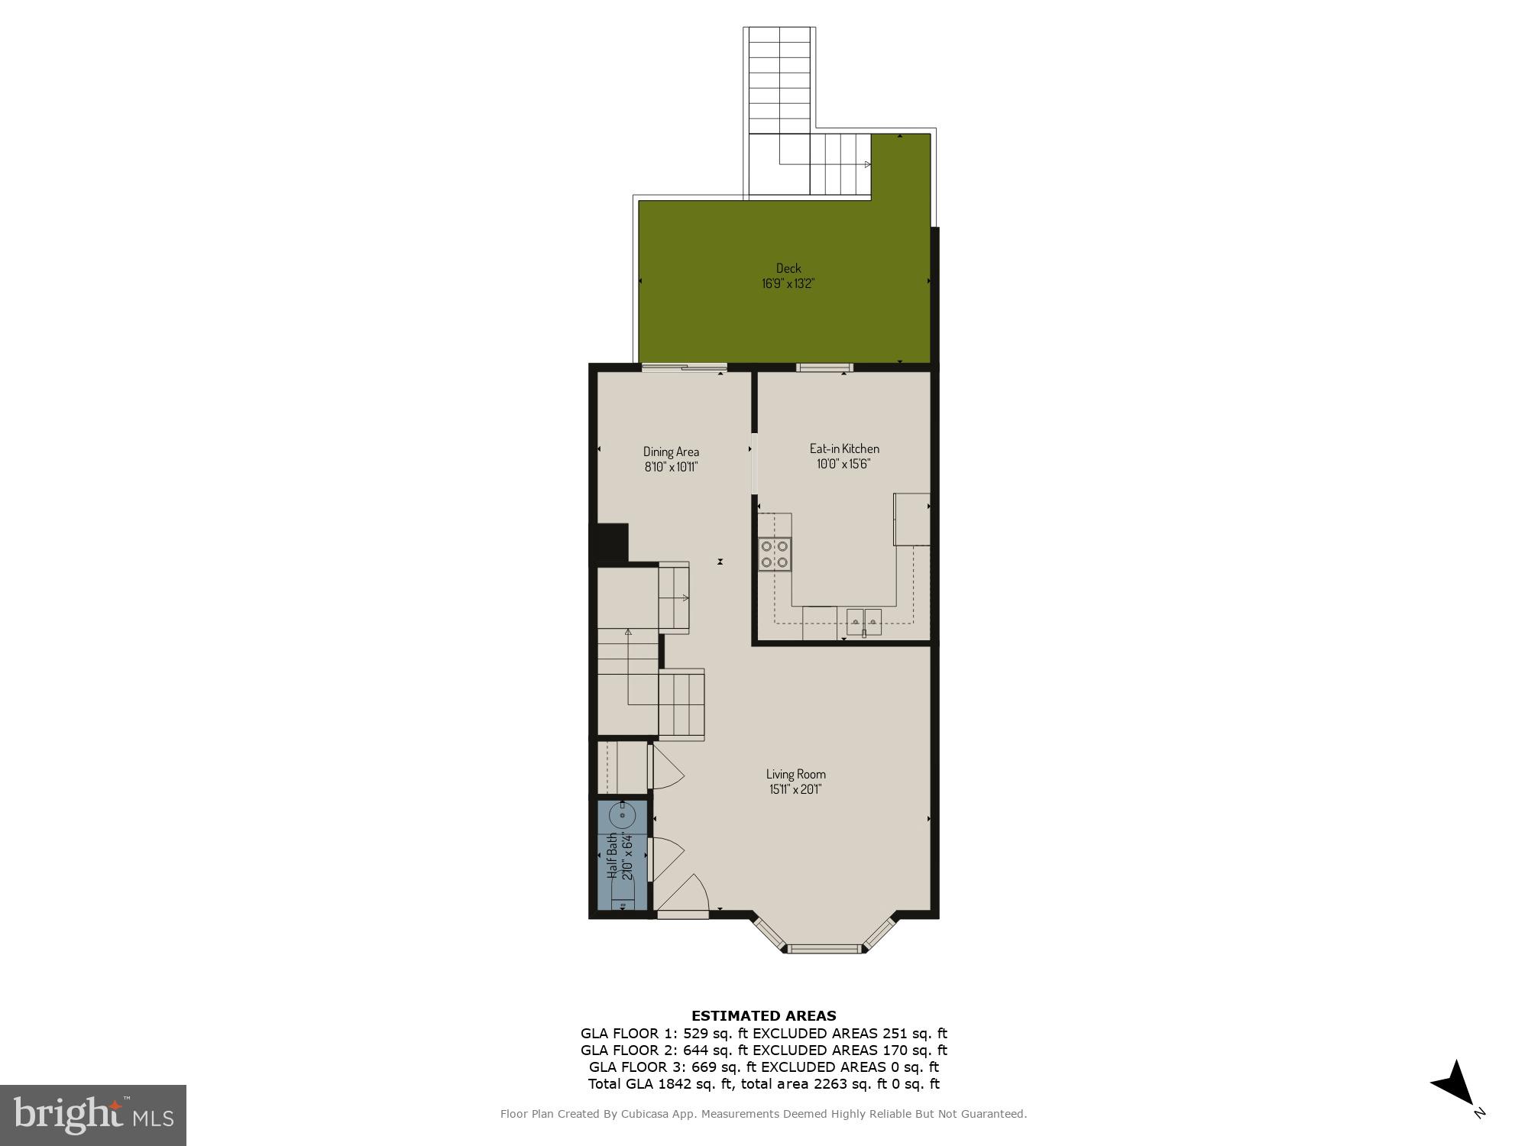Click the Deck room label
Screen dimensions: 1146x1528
[788, 268]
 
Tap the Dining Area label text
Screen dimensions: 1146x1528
[671, 452]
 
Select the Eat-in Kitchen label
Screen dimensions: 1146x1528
[844, 448]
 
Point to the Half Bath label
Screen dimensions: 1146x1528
[613, 856]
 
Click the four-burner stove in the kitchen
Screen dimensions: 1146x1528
[775, 554]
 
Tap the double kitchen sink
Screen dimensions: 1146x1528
[864, 621]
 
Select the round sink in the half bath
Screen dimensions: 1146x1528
[623, 816]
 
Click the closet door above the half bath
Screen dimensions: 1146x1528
[665, 768]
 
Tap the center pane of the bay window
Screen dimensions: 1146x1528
[824, 949]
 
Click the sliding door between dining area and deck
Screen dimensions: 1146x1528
[683, 368]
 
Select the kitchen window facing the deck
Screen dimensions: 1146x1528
[824, 367]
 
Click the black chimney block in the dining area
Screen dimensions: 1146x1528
[612, 542]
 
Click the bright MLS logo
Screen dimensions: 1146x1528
[92, 1115]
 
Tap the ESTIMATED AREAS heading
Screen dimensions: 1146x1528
[763, 1015]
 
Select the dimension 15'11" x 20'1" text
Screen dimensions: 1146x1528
[795, 790]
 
